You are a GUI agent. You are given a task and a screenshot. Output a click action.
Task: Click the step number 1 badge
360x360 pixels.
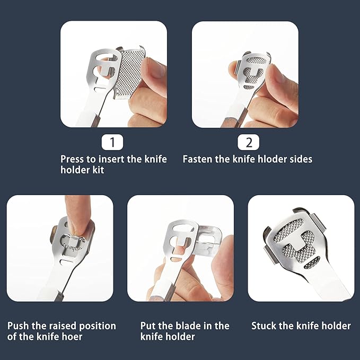[112, 142]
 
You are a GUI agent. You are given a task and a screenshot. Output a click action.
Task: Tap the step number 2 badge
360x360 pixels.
[249, 142]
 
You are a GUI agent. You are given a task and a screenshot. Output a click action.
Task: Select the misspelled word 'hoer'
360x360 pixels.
[72, 337]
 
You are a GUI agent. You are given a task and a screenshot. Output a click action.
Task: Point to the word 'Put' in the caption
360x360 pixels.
[148, 326]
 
